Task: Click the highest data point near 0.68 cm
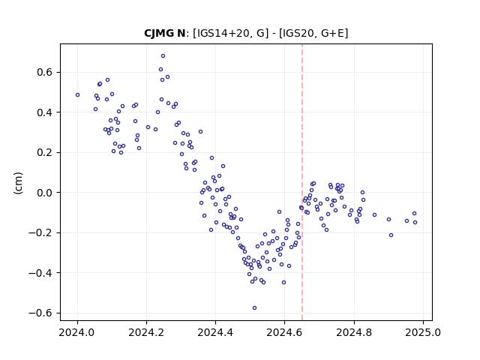click(163, 56)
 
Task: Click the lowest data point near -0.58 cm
click(254, 308)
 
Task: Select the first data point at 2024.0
click(77, 95)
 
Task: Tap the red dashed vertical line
click(302, 182)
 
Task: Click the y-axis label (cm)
click(18, 183)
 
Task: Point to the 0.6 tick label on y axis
click(45, 73)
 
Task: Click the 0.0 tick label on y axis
click(45, 193)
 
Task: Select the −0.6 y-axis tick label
click(40, 313)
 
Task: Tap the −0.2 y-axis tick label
click(40, 233)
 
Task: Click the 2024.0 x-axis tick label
click(77, 332)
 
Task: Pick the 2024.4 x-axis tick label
click(215, 332)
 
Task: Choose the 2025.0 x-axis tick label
click(423, 332)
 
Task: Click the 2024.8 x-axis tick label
click(354, 332)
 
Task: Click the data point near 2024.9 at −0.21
click(391, 235)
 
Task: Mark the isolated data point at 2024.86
click(374, 215)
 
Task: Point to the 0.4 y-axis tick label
click(45, 112)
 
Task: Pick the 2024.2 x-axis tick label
click(147, 332)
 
